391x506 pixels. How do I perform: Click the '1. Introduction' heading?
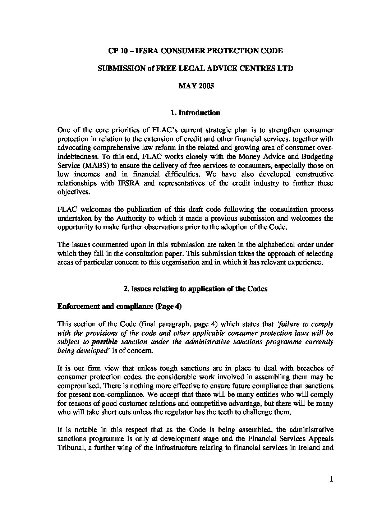pyautogui.click(x=195, y=112)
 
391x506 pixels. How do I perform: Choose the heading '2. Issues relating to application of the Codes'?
pyautogui.click(x=195, y=289)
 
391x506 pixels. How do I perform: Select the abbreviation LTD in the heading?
pyautogui.click(x=285, y=68)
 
